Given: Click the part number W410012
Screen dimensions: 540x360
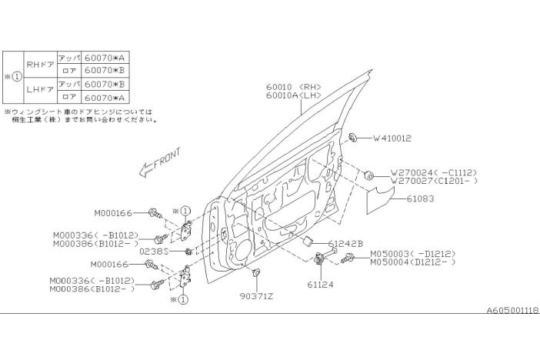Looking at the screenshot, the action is coord(392,138).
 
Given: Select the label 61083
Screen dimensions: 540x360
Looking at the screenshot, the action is coord(420,198).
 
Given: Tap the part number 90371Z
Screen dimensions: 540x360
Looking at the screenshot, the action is coord(256,296).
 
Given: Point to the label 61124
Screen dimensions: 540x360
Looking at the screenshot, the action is coord(320,285).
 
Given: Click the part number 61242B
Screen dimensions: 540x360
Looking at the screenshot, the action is coord(345,244).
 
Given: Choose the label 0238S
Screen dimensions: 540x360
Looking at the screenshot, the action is coord(154,252).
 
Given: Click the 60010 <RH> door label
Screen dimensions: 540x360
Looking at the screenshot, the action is coord(293,87).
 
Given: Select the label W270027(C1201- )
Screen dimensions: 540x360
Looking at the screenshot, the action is coord(434,181).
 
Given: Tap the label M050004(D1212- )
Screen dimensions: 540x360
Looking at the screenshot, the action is coord(413,262).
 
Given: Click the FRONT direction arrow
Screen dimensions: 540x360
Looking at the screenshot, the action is coord(160,162).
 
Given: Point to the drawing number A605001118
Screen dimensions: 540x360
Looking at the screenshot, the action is coord(513,311).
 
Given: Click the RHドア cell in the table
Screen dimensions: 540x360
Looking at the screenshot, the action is coord(40,64).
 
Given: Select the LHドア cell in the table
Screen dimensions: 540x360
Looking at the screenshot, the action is coord(40,90).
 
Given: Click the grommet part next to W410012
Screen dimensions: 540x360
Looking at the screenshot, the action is coord(352,138).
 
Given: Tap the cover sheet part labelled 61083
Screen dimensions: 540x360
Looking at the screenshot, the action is coord(380,200).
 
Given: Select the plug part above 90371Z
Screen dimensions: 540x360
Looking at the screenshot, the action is coord(255,273).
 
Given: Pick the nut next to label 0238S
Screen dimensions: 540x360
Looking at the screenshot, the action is coord(188,252).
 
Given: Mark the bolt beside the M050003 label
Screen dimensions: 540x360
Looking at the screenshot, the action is coord(347,258).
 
